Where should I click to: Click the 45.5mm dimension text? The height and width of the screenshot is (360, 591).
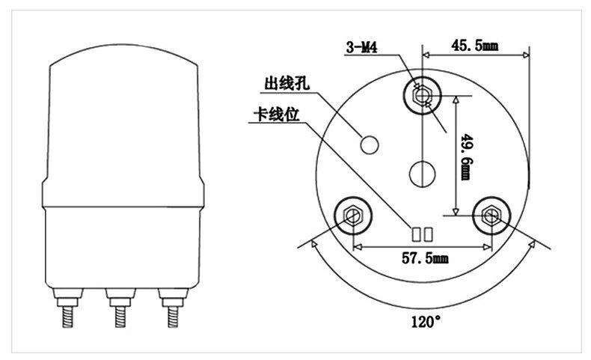pos(475,46)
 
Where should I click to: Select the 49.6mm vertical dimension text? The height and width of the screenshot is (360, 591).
pos(467,157)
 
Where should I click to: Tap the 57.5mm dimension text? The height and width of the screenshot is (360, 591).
pos(425,258)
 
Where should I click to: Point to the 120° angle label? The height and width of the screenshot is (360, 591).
pos(426,322)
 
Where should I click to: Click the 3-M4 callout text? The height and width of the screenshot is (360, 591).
pos(362,47)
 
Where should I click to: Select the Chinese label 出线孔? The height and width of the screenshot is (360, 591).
pos(287,83)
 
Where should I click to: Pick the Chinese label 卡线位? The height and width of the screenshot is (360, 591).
pos(277,115)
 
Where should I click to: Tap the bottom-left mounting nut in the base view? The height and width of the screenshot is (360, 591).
pos(353,216)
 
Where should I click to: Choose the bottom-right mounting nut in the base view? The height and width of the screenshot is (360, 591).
pos(492,216)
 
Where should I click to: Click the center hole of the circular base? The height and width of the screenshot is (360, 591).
pos(423,174)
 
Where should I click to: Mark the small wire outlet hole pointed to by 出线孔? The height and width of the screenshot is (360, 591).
pos(369,144)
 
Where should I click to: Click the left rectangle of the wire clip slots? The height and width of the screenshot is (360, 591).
pos(417,234)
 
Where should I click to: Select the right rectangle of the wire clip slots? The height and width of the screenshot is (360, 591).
pos(428,234)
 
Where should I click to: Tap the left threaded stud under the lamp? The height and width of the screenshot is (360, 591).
pos(67,308)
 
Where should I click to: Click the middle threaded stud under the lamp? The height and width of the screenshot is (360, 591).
pos(120,308)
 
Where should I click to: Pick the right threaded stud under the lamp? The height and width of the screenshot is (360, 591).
pos(173,308)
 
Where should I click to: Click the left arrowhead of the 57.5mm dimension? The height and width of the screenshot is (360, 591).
pos(358,247)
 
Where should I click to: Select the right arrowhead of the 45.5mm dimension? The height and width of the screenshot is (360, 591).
pos(524,55)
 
